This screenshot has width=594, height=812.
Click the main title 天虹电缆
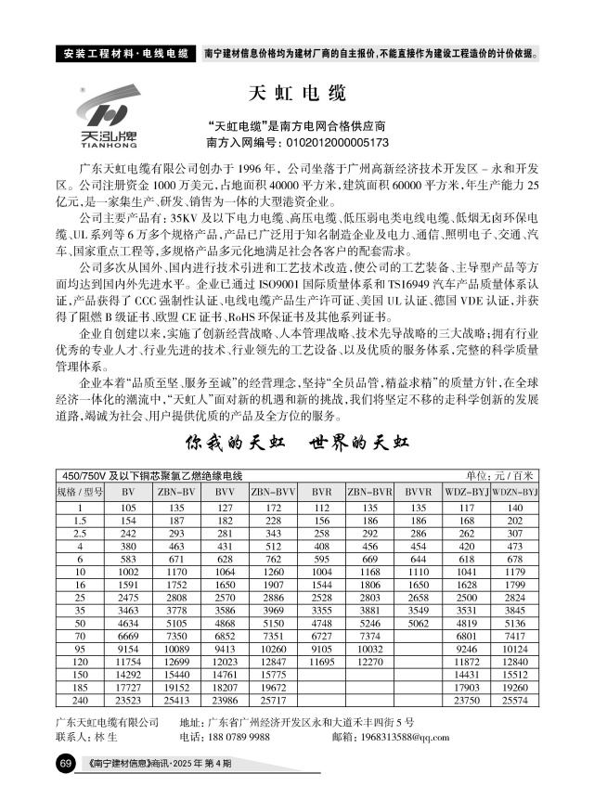(x=298, y=94)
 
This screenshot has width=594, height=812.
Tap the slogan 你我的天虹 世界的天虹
(x=297, y=441)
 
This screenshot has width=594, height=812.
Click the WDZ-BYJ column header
(x=467, y=490)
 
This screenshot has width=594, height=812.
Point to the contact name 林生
(x=106, y=738)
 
